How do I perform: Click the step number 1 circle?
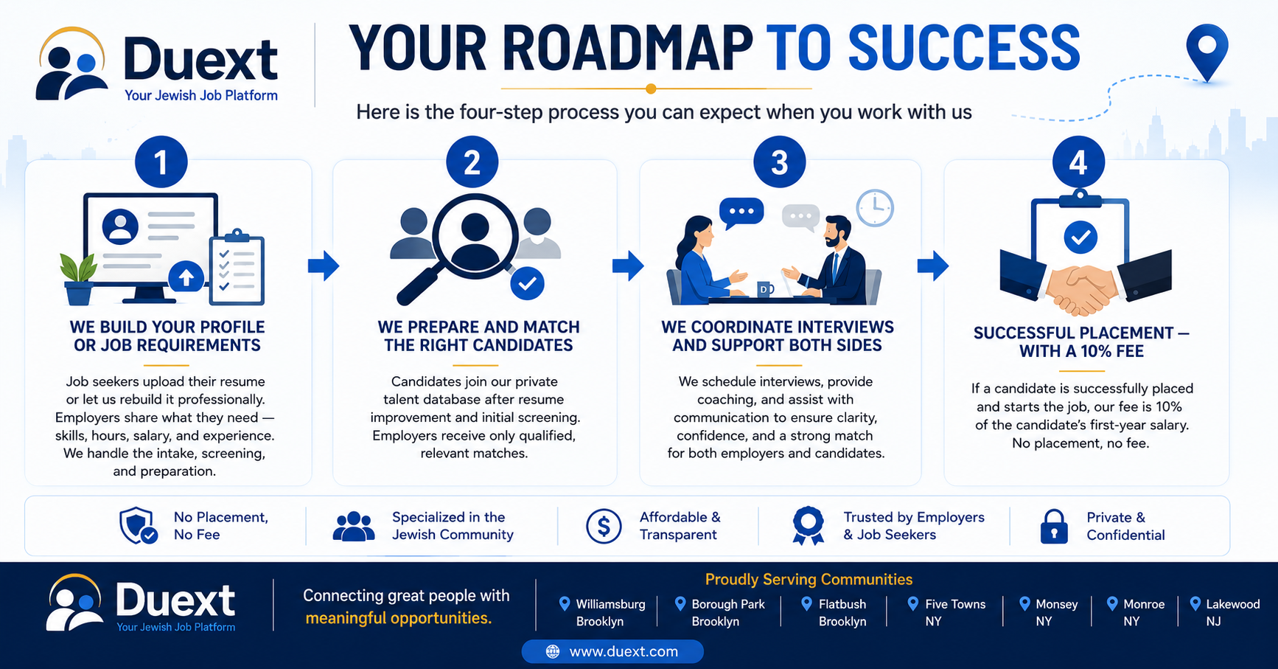(x=161, y=162)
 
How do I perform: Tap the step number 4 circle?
(x=1078, y=162)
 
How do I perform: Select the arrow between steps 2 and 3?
(x=628, y=266)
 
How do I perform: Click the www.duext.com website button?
(x=612, y=651)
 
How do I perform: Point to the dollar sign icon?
(x=604, y=527)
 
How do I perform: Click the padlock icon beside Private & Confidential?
(x=1054, y=527)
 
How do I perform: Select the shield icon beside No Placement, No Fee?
(x=138, y=526)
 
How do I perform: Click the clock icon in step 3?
(x=875, y=208)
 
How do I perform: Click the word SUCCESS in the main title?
(x=964, y=48)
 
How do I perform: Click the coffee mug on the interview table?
(x=765, y=289)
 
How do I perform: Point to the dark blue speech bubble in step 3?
(x=741, y=213)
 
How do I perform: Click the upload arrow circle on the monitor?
(x=186, y=277)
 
